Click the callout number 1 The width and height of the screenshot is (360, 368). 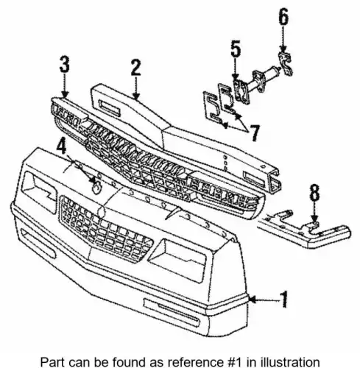[x=283, y=300]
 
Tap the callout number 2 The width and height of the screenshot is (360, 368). [x=136, y=68]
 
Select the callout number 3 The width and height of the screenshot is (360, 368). [x=65, y=64]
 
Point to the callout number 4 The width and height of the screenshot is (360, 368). [x=61, y=146]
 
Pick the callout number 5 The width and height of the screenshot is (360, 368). [x=236, y=49]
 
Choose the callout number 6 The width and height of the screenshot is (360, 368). [x=283, y=17]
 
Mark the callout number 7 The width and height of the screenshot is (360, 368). [x=254, y=133]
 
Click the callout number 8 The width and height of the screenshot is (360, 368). [x=314, y=192]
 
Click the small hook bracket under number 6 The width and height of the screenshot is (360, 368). [x=286, y=64]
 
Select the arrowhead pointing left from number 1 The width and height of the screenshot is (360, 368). [x=253, y=300]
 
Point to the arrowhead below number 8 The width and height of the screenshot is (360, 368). [x=314, y=219]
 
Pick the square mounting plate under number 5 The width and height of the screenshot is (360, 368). [x=241, y=92]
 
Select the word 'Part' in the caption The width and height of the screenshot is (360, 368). [x=51, y=362]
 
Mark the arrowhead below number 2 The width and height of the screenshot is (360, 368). [x=136, y=96]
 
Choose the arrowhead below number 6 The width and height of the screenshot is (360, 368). [x=283, y=50]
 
